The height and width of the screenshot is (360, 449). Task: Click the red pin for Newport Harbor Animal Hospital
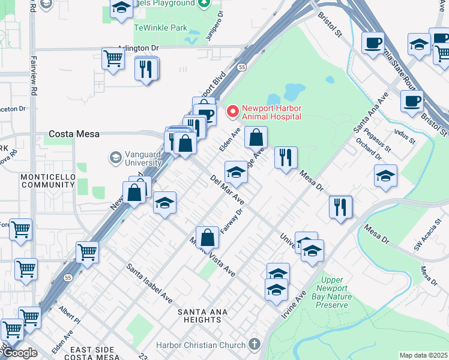tap(232, 112)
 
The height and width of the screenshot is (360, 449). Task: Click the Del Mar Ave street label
tap(227, 190)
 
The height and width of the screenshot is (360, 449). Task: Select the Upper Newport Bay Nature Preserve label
tap(331, 292)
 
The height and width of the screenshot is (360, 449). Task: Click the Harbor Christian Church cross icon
tap(255, 344)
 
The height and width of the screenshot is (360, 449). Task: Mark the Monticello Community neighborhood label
tap(48, 181)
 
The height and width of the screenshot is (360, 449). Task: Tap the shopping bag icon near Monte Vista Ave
tap(207, 238)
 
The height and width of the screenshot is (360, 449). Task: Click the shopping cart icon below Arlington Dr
tap(113, 59)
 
